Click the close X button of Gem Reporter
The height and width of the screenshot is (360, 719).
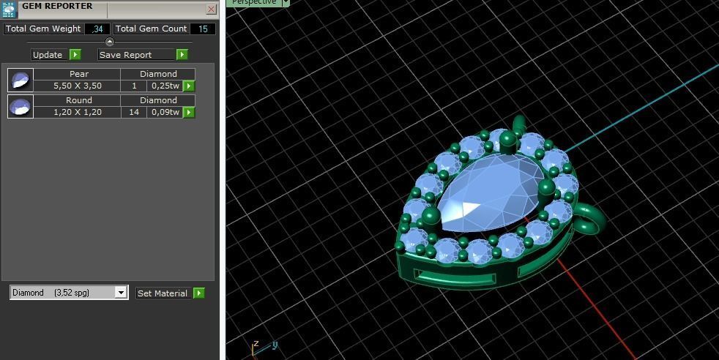point(211,10)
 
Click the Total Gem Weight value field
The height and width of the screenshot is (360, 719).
point(97,29)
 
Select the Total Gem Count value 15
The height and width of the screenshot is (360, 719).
point(203,29)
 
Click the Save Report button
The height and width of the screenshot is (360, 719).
point(136,55)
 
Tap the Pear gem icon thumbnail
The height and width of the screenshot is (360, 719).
point(21,80)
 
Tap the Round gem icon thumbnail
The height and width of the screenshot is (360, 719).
point(21,106)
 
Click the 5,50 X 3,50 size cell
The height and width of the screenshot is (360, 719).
point(77,86)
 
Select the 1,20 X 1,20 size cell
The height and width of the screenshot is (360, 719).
point(77,112)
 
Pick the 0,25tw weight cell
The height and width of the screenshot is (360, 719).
point(165,86)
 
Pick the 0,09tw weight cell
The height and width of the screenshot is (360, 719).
point(165,112)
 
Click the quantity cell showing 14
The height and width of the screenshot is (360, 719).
point(134,112)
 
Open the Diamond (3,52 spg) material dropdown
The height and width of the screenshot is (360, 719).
point(121,293)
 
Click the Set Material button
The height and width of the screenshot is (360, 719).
point(163,293)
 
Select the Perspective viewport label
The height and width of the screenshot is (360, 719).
point(254,2)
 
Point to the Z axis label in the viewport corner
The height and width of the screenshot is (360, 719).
point(256,343)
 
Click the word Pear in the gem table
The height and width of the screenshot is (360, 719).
point(78,74)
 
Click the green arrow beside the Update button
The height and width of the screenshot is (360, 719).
point(75,55)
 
